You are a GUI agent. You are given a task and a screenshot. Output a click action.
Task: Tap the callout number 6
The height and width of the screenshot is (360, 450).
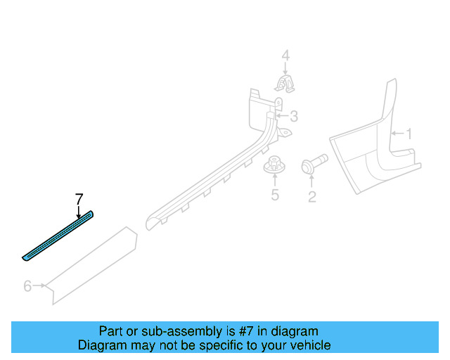(x=27, y=285)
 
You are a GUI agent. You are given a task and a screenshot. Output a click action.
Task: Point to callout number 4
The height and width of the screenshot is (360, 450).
(x=285, y=56)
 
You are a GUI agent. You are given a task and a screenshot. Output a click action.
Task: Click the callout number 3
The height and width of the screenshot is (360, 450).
(x=294, y=116)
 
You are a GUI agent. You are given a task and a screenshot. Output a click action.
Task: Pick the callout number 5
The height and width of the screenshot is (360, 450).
(x=275, y=195)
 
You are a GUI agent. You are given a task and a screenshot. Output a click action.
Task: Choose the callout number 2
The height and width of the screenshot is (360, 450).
(x=311, y=197)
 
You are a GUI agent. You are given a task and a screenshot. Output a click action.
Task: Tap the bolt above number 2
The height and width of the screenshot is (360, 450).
(x=312, y=167)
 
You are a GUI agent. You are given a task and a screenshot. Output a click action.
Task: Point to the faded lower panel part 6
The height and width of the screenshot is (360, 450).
(x=91, y=264)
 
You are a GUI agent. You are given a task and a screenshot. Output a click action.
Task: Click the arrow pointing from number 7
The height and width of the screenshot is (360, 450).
(x=79, y=210)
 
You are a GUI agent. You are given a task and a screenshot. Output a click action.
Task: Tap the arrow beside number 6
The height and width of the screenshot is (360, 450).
(x=40, y=285)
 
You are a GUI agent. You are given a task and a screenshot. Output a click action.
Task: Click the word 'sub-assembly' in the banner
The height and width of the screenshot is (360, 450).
(x=161, y=331)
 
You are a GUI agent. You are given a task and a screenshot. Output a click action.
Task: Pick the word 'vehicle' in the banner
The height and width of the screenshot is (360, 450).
(x=310, y=345)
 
